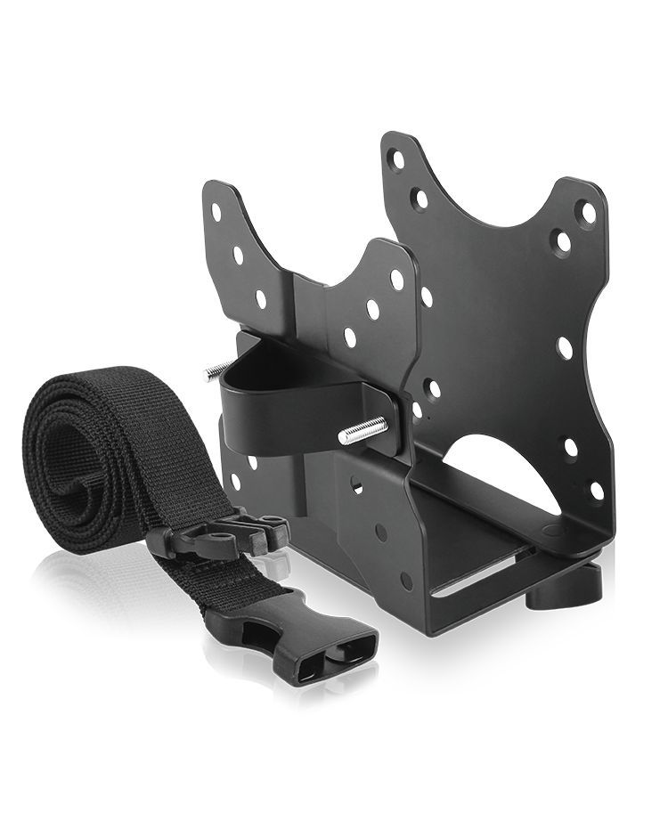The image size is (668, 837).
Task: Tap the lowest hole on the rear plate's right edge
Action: click(596, 489)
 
